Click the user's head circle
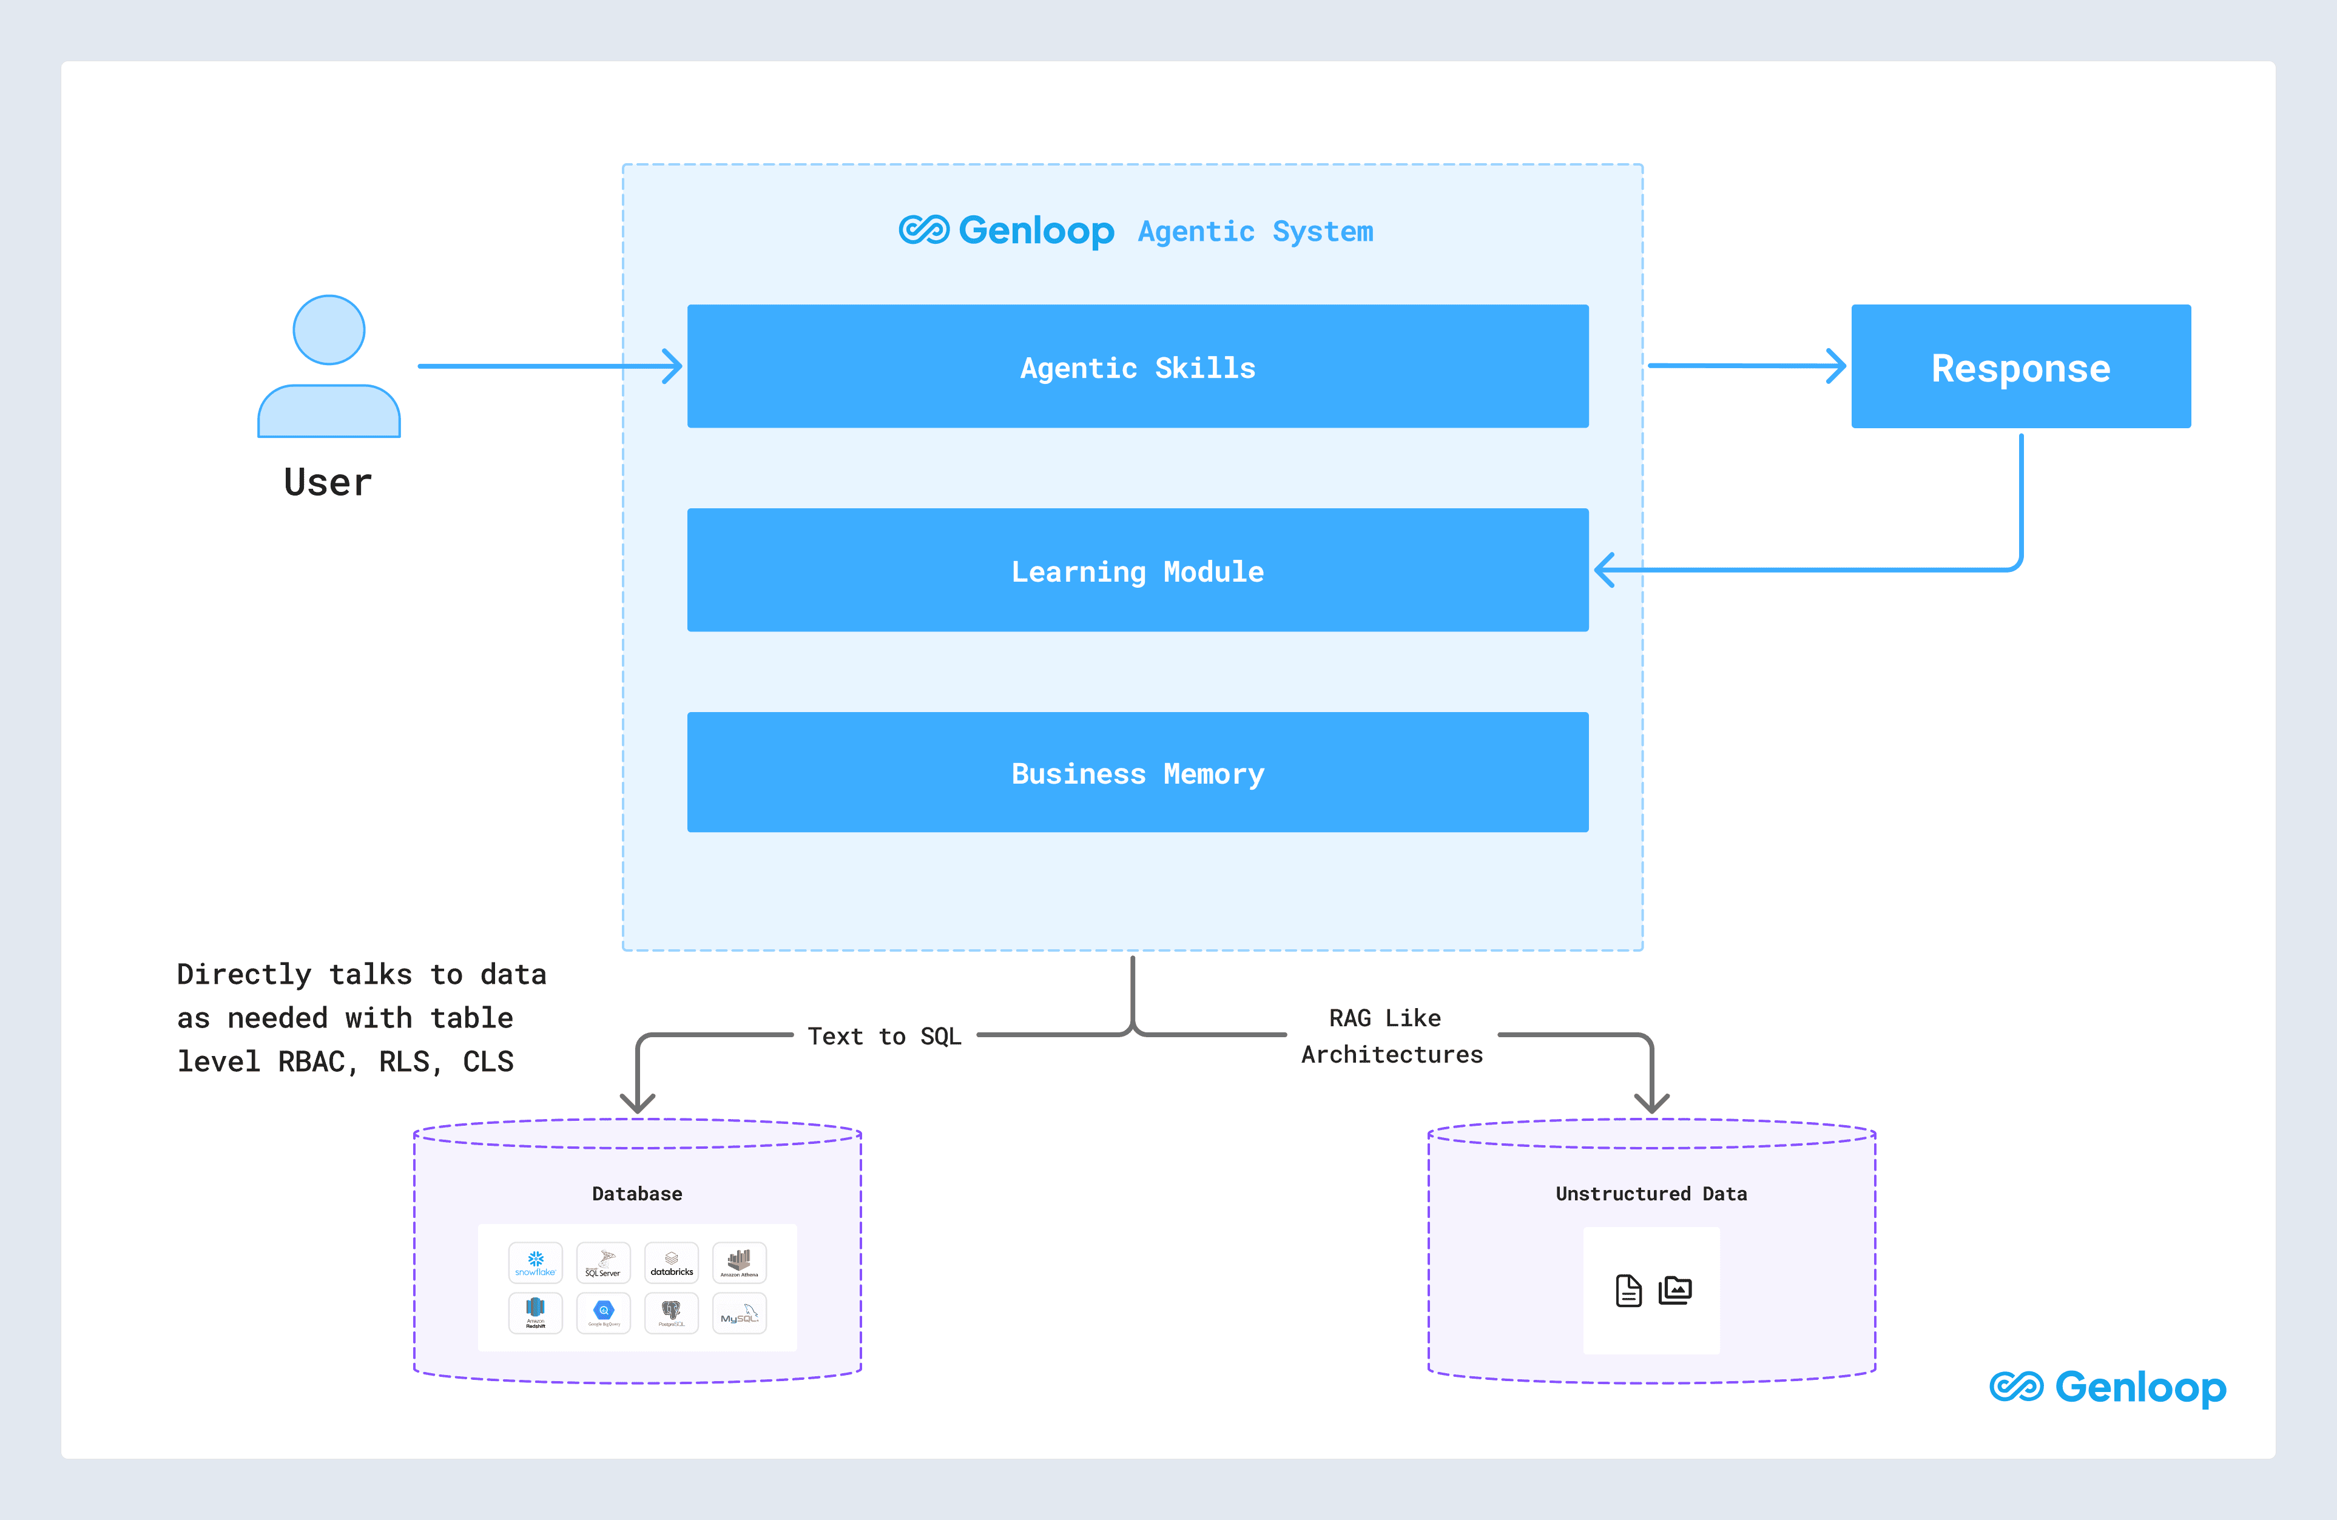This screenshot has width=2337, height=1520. tap(329, 330)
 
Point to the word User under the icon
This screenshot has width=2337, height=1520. tap(328, 483)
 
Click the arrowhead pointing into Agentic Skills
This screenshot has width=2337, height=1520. tap(673, 366)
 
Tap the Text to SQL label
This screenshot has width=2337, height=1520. tap(884, 1036)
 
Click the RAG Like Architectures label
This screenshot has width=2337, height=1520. tap(1391, 1036)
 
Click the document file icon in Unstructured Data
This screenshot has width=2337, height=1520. tap(1628, 1290)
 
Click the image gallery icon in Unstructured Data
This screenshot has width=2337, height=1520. tap(1675, 1290)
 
